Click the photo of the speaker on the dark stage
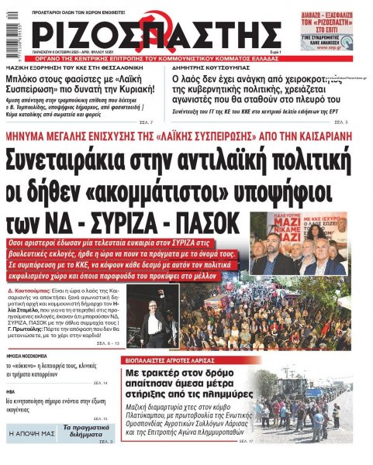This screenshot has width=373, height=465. point(158,318)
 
